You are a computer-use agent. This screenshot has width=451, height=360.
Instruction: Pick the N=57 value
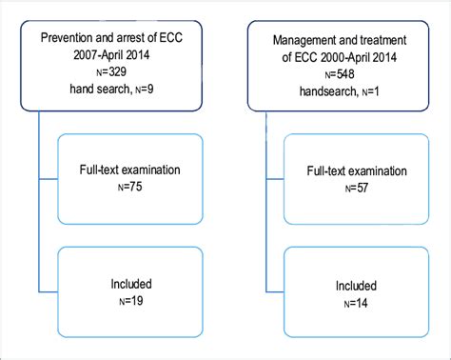tap(340, 189)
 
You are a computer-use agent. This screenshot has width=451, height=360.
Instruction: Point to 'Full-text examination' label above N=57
tap(340, 172)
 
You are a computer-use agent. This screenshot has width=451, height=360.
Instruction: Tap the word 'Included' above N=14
tap(340, 284)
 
